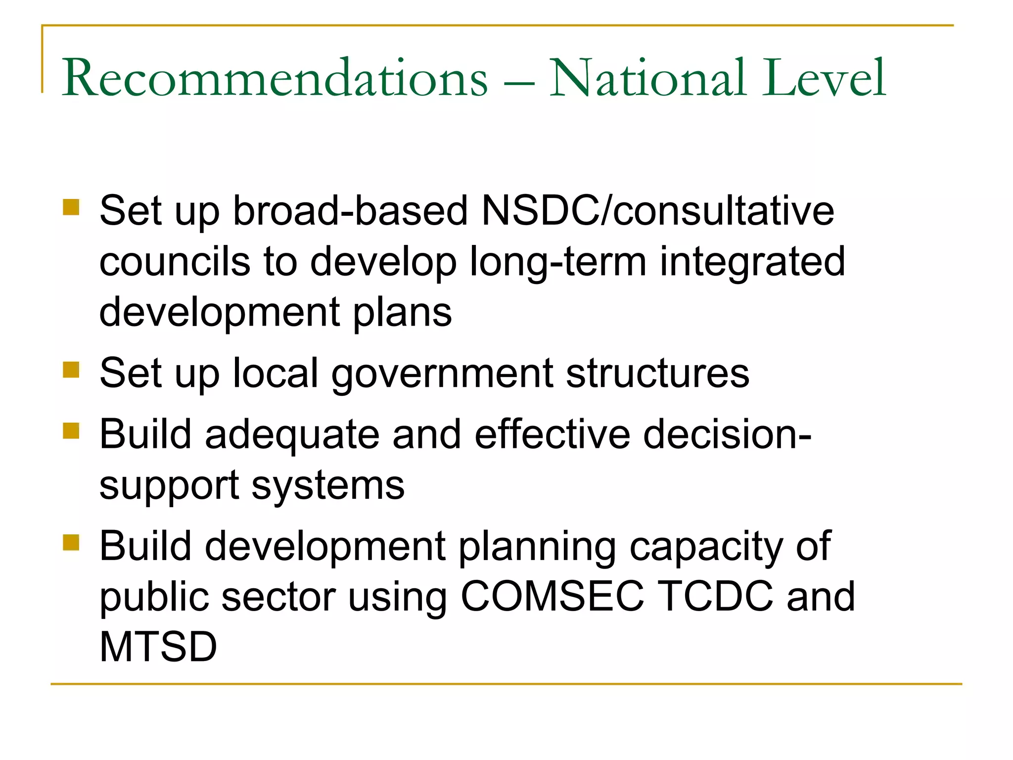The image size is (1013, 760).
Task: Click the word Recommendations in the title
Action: coord(275,78)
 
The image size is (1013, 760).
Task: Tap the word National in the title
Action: coord(647,78)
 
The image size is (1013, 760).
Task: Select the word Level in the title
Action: coord(823,78)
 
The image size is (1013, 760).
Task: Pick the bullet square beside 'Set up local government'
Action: coord(71,369)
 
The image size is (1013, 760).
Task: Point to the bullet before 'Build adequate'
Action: coord(71,430)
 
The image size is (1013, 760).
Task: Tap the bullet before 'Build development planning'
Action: coord(71,542)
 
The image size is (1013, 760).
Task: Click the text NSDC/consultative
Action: coord(658,211)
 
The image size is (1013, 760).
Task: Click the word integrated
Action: coord(752,262)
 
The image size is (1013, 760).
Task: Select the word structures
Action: coord(657,373)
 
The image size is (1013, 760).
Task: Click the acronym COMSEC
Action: coord(553,596)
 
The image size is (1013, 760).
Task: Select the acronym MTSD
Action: coord(158,647)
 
